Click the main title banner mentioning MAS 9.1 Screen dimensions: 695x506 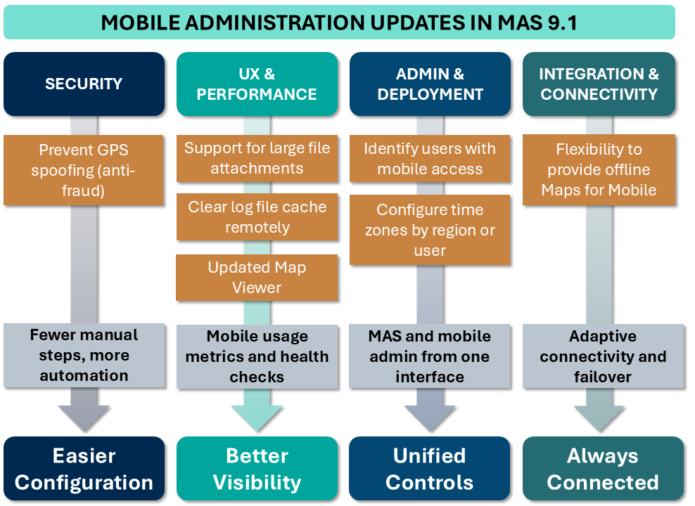(339, 22)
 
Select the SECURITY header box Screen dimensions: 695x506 (84, 84)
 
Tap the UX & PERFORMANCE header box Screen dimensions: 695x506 (257, 84)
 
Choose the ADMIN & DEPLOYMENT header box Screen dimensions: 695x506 (430, 84)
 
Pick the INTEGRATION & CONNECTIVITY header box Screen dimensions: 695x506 (599, 84)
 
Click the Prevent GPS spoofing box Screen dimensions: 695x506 (83, 170)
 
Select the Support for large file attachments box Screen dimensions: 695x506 (257, 159)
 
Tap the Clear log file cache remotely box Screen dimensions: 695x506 (257, 217)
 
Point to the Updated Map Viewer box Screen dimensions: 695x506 (257, 278)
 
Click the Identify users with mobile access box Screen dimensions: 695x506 (430, 159)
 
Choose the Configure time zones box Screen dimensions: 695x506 (430, 230)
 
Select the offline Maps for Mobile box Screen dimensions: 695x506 (599, 170)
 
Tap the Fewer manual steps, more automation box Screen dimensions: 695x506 (84, 356)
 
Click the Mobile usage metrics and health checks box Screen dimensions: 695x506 (257, 357)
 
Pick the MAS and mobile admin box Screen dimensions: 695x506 (430, 356)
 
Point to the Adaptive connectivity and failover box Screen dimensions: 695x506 (604, 356)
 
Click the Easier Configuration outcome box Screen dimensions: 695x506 (84, 469)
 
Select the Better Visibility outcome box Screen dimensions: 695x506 (257, 469)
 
